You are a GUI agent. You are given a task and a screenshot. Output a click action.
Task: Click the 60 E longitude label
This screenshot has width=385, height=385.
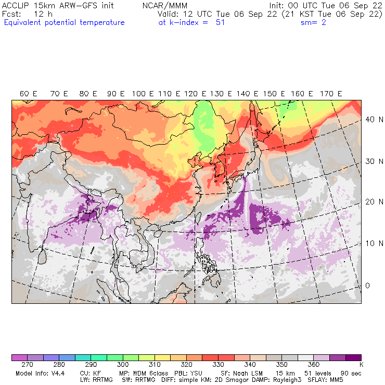pos(29,94)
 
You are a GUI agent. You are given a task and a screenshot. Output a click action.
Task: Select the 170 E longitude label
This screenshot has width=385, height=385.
pos(331,94)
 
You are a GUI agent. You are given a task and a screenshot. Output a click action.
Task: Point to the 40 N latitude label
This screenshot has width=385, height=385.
pos(371,119)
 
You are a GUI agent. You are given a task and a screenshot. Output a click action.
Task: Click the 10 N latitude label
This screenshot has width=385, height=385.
pos(371,243)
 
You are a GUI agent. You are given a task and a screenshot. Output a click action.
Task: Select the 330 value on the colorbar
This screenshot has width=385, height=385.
pos(211,365)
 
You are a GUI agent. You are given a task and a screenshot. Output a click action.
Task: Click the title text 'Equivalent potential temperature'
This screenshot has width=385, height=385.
pos(64,22)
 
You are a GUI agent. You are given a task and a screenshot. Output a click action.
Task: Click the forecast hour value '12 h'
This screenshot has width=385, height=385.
pos(43,14)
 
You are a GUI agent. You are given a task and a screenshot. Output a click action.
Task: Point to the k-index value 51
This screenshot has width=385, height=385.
pos(220,22)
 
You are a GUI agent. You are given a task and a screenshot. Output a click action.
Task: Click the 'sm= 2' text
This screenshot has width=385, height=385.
pos(313,22)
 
